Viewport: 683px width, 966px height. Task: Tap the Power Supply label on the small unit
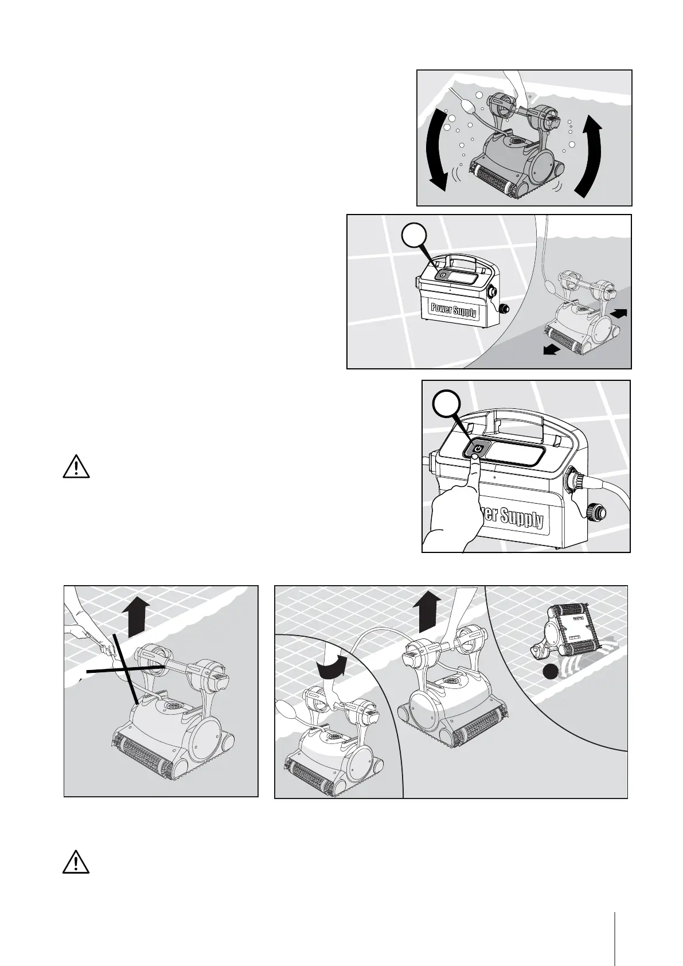(452, 310)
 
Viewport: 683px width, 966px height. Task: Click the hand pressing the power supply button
(456, 505)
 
